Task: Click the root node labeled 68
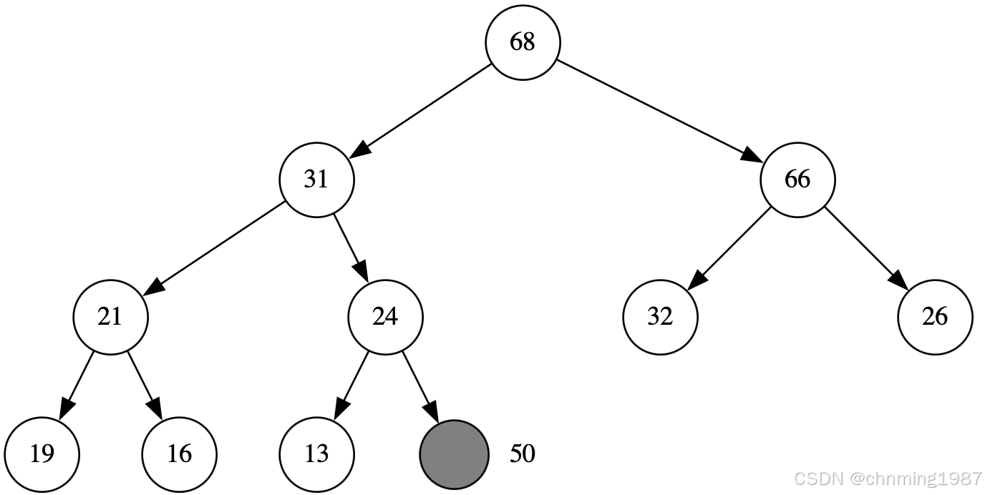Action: (523, 42)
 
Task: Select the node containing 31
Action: (316, 179)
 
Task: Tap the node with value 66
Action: (797, 179)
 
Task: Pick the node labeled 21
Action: (110, 316)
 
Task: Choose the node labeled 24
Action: (385, 316)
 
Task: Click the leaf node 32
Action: (660, 316)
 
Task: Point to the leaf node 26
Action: (935, 316)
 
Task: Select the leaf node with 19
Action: (42, 454)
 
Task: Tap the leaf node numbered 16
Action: (179, 454)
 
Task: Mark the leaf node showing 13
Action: (316, 454)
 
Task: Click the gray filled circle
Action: (454, 454)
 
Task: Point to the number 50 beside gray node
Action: (523, 454)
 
